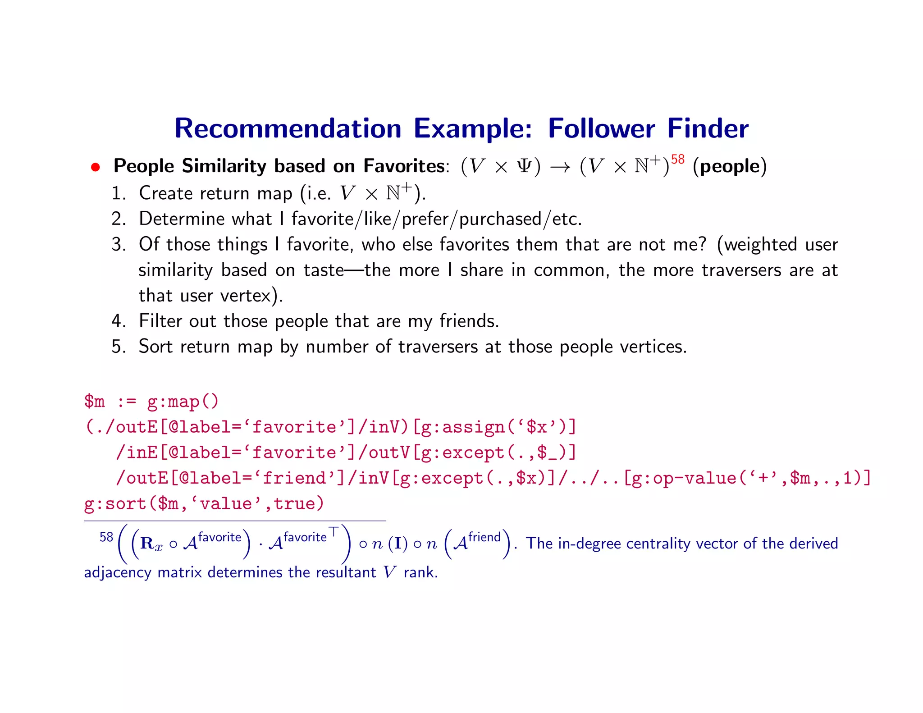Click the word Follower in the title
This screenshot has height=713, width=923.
click(601, 128)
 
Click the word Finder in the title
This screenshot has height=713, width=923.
click(708, 128)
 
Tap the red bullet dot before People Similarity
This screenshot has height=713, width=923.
click(95, 167)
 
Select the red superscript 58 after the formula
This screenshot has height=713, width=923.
click(677, 159)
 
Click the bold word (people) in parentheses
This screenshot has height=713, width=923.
click(730, 166)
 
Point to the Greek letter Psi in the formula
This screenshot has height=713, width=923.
click(524, 166)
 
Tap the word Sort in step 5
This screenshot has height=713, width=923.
click(155, 347)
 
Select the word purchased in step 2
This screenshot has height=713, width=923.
click(500, 219)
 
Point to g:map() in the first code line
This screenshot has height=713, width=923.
click(183, 401)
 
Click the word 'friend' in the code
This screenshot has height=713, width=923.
click(298, 478)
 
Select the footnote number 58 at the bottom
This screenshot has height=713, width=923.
click(106, 537)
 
